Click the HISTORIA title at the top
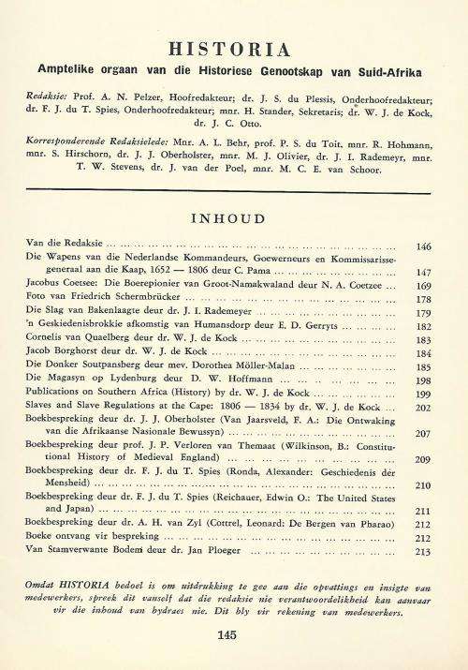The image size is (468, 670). pos(234,49)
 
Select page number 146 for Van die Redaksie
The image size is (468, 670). pos(424,246)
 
